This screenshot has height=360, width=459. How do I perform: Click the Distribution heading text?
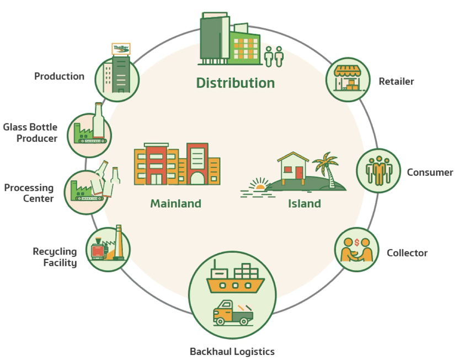point(236,83)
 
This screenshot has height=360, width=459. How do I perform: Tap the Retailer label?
point(396,81)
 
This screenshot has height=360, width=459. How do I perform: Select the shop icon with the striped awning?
point(348,78)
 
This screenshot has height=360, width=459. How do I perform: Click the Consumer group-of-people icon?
point(379,171)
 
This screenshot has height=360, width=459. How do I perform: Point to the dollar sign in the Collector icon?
point(357,243)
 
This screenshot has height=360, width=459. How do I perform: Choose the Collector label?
point(407,253)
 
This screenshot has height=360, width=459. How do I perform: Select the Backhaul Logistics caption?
point(232,351)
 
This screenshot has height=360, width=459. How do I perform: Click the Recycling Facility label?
point(55,257)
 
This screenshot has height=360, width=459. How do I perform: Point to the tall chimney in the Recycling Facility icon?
point(118,242)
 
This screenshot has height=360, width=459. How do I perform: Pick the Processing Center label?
point(29,193)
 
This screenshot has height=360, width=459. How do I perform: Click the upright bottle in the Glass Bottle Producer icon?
point(98,120)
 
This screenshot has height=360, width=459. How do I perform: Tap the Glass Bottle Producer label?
point(30,132)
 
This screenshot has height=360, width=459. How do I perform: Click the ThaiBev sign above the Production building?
point(121,49)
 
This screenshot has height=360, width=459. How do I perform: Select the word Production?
point(59,76)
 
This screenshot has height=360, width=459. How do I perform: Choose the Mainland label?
point(175,203)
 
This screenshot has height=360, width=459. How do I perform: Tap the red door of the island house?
point(299,173)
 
